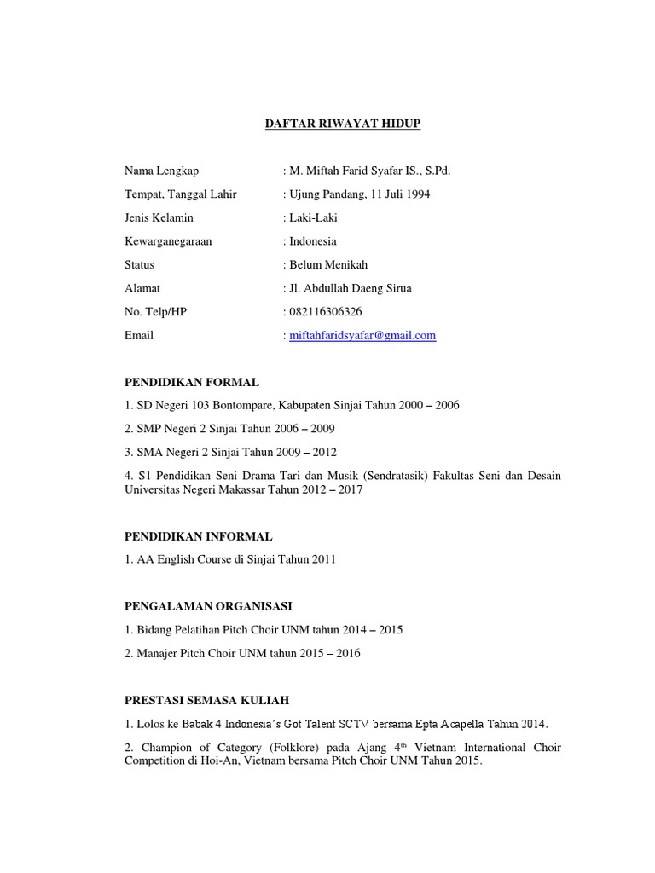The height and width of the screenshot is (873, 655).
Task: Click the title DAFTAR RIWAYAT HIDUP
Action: (340, 124)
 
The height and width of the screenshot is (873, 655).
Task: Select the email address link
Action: (362, 336)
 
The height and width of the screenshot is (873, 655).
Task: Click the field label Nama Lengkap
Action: (161, 171)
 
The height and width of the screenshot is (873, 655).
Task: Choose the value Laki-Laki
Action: (314, 218)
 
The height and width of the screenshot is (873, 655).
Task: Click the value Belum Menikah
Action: (328, 265)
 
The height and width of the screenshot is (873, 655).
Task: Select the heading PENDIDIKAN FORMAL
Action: (192, 382)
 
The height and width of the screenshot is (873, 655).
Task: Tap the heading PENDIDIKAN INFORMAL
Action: (199, 536)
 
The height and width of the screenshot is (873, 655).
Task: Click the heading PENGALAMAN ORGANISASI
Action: (208, 606)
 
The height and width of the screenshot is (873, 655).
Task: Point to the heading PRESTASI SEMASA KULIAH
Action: (207, 700)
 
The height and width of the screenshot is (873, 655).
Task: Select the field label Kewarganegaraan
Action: (168, 241)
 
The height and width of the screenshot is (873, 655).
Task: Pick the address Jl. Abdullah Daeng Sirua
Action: (351, 288)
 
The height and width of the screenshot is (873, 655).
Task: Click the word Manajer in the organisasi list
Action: (156, 653)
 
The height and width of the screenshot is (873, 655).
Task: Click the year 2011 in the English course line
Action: (323, 559)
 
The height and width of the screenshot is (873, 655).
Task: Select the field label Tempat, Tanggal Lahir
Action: (181, 194)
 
